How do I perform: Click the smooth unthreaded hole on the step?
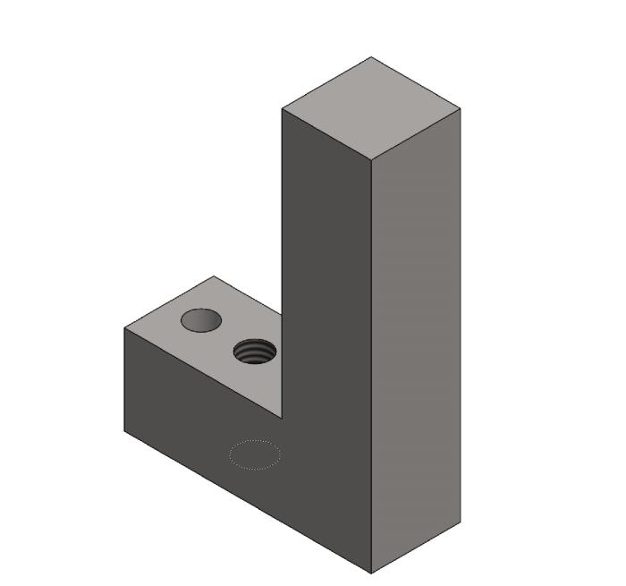pos(200,319)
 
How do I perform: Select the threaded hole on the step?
pos(254,351)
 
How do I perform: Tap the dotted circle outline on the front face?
pos(255,454)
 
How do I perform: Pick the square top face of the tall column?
pos(371,109)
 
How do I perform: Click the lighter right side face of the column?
pos(416,340)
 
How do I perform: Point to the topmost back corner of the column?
pos(371,57)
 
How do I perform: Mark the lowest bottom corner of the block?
pos(371,573)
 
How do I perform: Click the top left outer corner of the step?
pos(124,328)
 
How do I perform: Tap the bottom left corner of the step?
pos(124,431)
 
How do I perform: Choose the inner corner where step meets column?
pos(282,418)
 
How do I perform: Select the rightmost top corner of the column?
pos(461,109)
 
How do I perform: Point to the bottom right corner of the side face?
pos(461,522)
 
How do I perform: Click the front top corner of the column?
pos(371,161)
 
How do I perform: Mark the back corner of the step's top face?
pos(213,276)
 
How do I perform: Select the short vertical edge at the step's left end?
pos(124,380)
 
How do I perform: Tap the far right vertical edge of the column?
pos(461,313)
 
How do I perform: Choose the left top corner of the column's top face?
pos(282,109)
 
